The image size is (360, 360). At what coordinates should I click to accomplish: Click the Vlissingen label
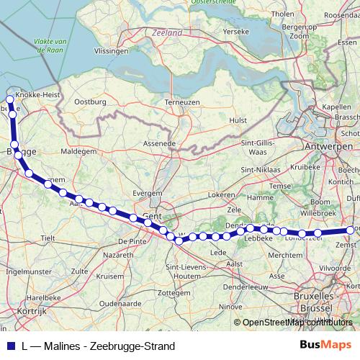click(x=111, y=52)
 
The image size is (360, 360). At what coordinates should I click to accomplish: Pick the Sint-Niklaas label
click(x=258, y=170)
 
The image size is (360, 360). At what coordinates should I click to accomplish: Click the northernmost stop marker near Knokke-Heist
click(x=10, y=100)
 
